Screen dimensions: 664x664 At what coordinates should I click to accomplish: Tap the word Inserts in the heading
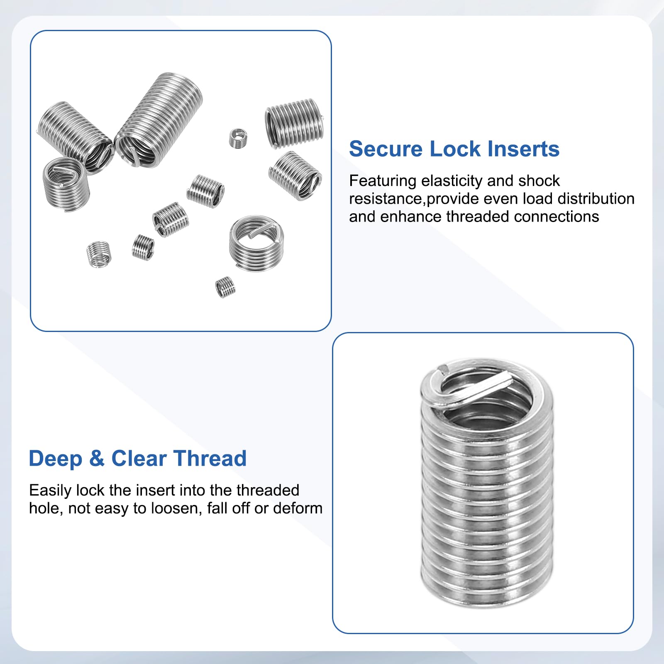(x=523, y=149)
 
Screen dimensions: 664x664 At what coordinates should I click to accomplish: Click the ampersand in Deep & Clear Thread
(x=97, y=459)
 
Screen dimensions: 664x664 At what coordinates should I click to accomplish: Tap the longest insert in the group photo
(x=159, y=120)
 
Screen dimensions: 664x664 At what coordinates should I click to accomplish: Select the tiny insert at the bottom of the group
(x=225, y=287)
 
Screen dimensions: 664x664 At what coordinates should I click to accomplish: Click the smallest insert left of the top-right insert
(x=238, y=138)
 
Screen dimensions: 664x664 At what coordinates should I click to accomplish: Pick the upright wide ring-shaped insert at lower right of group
(x=256, y=243)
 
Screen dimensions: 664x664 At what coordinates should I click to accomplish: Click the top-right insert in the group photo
(x=294, y=123)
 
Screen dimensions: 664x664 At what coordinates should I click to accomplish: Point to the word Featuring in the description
(x=383, y=181)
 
